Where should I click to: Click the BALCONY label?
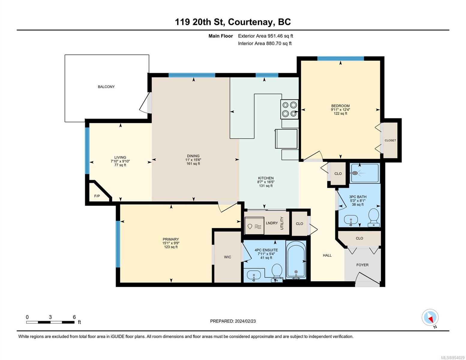[106, 87]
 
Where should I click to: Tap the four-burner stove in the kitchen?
[289, 109]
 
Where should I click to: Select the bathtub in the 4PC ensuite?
[296, 260]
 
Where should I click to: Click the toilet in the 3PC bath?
[374, 217]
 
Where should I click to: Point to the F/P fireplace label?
[97, 196]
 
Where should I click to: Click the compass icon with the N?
[430, 318]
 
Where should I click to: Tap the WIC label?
[227, 257]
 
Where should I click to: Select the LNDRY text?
[272, 223]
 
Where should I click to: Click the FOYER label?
[362, 265]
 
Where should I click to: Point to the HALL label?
[327, 255]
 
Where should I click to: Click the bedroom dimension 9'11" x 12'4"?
[340, 109]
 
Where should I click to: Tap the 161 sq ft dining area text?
[193, 163]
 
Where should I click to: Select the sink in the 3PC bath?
[351, 220]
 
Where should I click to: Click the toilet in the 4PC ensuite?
[277, 273]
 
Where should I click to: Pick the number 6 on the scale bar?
[74, 317]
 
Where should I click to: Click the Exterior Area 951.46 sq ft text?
[266, 36]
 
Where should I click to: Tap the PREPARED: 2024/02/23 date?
[233, 321]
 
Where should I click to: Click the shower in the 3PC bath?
[365, 173]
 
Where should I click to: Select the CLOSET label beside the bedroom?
[390, 140]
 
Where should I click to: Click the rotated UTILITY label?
[282, 223]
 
